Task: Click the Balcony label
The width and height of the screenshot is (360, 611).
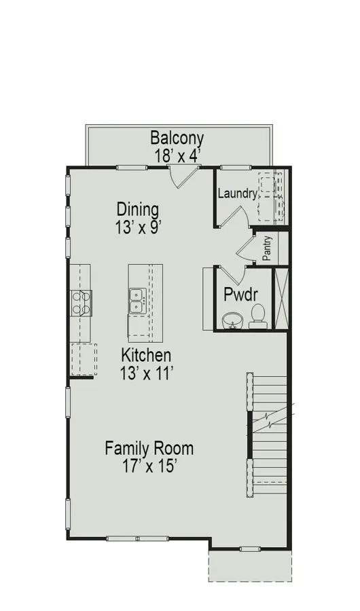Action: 177,138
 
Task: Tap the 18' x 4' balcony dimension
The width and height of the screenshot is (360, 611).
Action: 177,156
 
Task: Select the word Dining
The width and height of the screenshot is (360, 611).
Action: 138,210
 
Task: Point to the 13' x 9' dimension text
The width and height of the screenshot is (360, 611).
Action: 138,227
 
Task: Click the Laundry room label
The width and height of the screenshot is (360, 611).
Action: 238,193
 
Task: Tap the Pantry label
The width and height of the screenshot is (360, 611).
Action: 267,248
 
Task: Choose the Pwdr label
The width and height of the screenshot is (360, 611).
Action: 240,295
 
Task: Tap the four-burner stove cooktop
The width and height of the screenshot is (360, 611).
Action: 81,303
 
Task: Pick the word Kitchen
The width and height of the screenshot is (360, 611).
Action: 146,355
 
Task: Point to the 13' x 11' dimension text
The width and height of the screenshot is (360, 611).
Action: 146,373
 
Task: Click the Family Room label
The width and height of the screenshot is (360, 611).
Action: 149,448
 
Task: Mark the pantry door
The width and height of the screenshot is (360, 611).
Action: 245,246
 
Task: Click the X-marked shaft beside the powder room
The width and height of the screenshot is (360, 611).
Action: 281,298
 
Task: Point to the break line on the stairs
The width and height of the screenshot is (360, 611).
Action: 272,417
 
